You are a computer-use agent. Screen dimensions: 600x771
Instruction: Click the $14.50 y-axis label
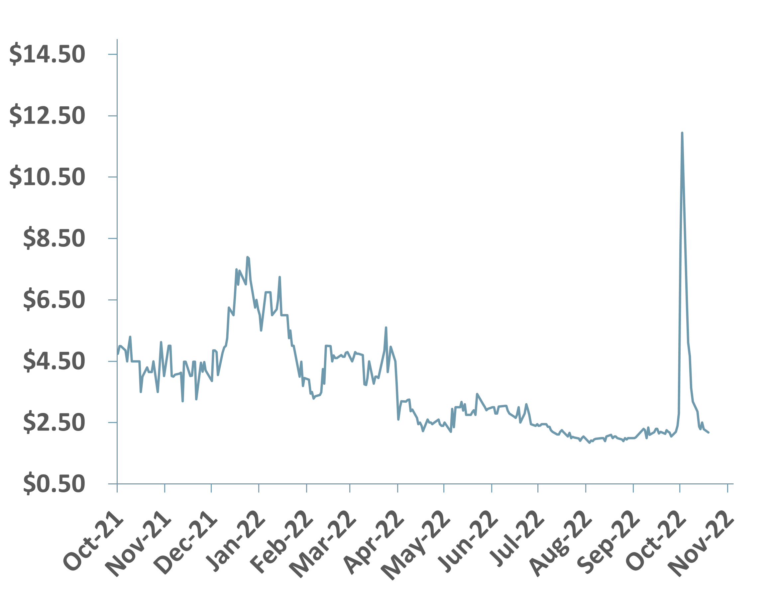pyautogui.click(x=47, y=54)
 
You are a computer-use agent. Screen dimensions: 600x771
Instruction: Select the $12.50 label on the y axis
pyautogui.click(x=47, y=116)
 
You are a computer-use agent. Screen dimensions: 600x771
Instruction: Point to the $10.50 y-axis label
pyautogui.click(x=47, y=177)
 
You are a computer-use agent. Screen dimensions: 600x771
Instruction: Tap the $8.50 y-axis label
pyautogui.click(x=54, y=239)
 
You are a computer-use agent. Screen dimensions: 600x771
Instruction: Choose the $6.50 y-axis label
pyautogui.click(x=54, y=300)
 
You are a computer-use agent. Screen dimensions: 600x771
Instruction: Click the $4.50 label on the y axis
pyautogui.click(x=54, y=361)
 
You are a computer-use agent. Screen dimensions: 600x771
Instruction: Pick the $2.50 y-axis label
pyautogui.click(x=54, y=423)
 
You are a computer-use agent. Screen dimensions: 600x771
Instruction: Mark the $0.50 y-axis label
pyautogui.click(x=54, y=484)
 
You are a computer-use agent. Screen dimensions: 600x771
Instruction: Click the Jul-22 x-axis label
pyautogui.click(x=516, y=542)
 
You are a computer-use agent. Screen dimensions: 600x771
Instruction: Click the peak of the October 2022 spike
pyautogui.click(x=682, y=133)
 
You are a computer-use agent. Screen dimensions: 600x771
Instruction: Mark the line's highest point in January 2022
pyautogui.click(x=248, y=257)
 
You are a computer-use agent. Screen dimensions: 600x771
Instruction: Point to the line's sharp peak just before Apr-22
pyautogui.click(x=386, y=328)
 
